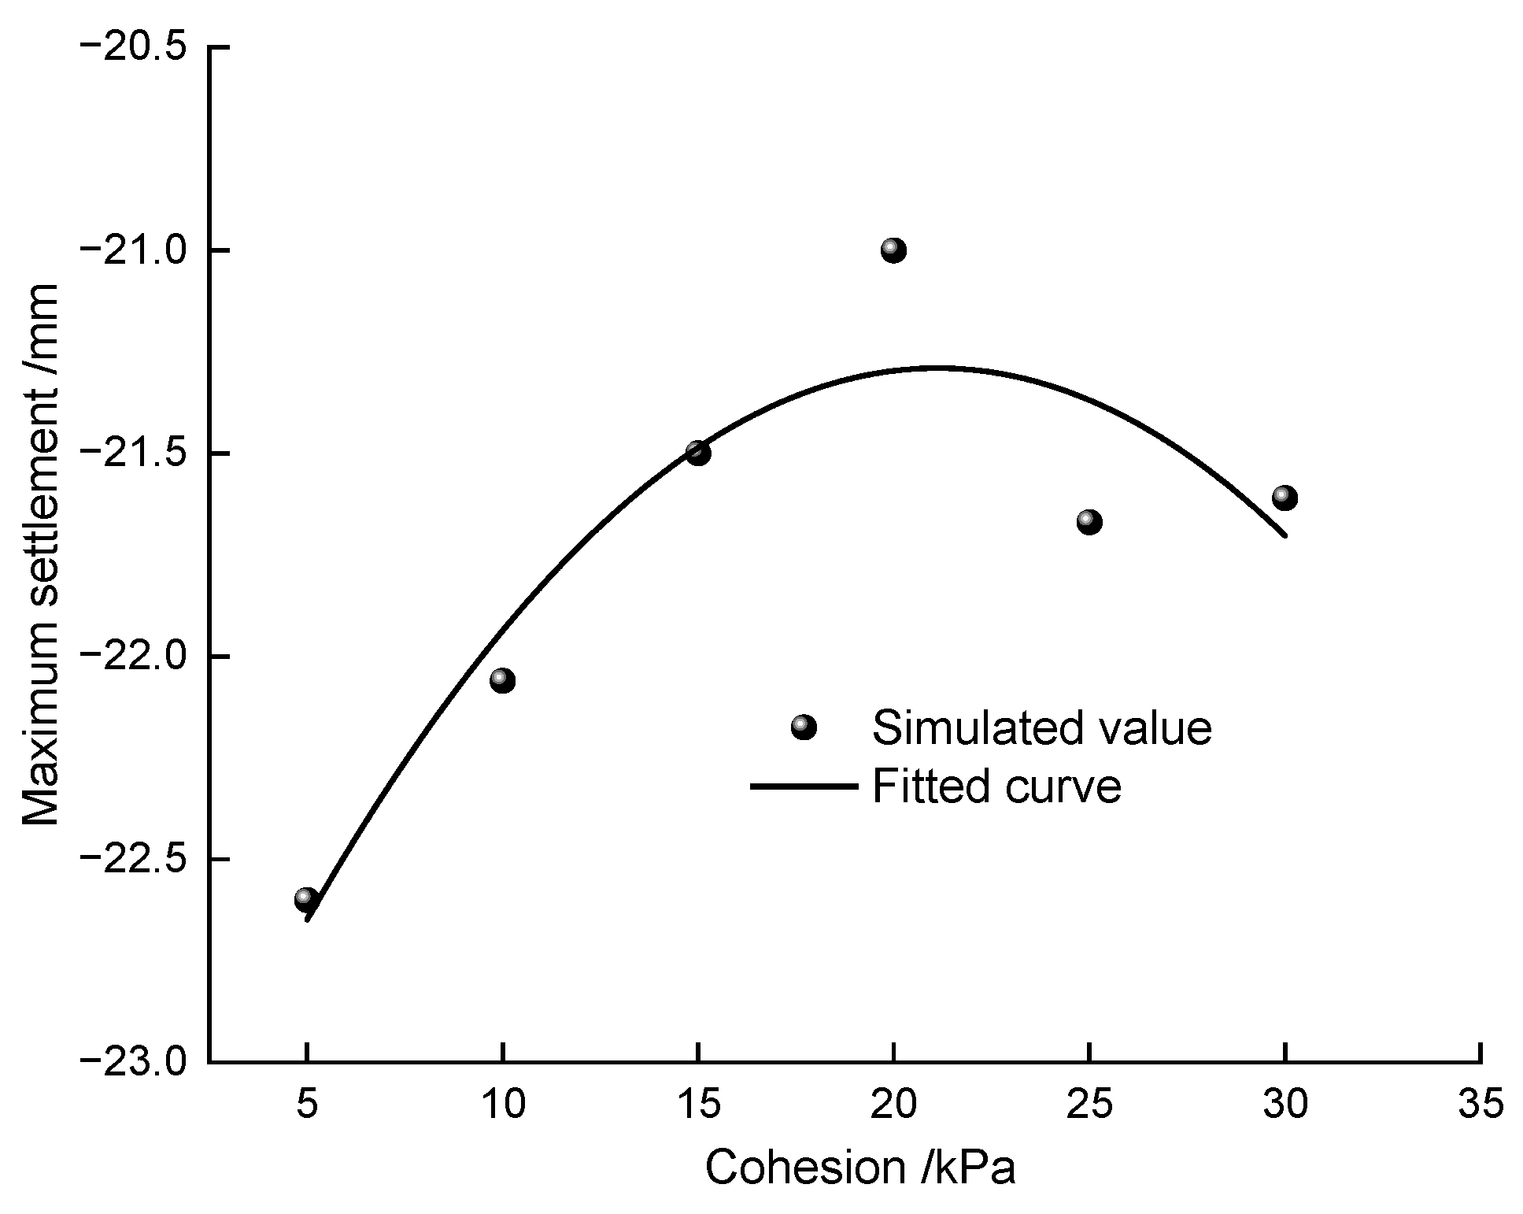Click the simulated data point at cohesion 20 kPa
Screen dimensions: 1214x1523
[893, 251]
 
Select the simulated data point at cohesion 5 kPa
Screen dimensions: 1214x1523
[306, 899]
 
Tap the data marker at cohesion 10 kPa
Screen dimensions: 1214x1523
[502, 680]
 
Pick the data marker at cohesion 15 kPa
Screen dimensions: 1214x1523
[697, 453]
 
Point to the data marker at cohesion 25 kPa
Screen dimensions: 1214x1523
[1089, 521]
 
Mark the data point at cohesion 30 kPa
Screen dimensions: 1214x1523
[1284, 498]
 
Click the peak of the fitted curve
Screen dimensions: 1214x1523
[937, 367]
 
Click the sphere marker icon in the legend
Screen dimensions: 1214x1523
[804, 727]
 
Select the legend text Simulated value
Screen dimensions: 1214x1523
[1041, 727]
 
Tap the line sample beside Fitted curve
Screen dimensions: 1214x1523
[804, 786]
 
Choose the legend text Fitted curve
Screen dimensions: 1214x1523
[996, 786]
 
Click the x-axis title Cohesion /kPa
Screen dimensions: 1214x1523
[859, 1168]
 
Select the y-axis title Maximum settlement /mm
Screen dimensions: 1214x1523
[41, 554]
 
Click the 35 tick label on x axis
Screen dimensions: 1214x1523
[1480, 1105]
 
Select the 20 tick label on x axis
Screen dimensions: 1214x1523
[893, 1105]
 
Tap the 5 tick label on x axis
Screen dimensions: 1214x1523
[307, 1105]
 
